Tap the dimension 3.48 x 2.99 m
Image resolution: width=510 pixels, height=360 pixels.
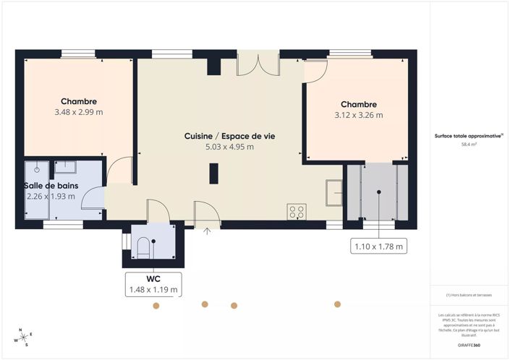(79, 113)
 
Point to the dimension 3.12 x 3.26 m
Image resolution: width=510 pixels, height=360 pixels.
(359, 115)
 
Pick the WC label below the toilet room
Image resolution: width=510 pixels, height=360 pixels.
(153, 279)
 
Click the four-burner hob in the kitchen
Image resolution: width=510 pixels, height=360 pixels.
(297, 212)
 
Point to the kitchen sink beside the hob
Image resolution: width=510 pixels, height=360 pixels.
(334, 191)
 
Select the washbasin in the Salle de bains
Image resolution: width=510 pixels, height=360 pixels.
(67, 167)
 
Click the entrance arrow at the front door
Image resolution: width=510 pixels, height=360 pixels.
(208, 231)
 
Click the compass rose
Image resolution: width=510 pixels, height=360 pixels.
(23, 336)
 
